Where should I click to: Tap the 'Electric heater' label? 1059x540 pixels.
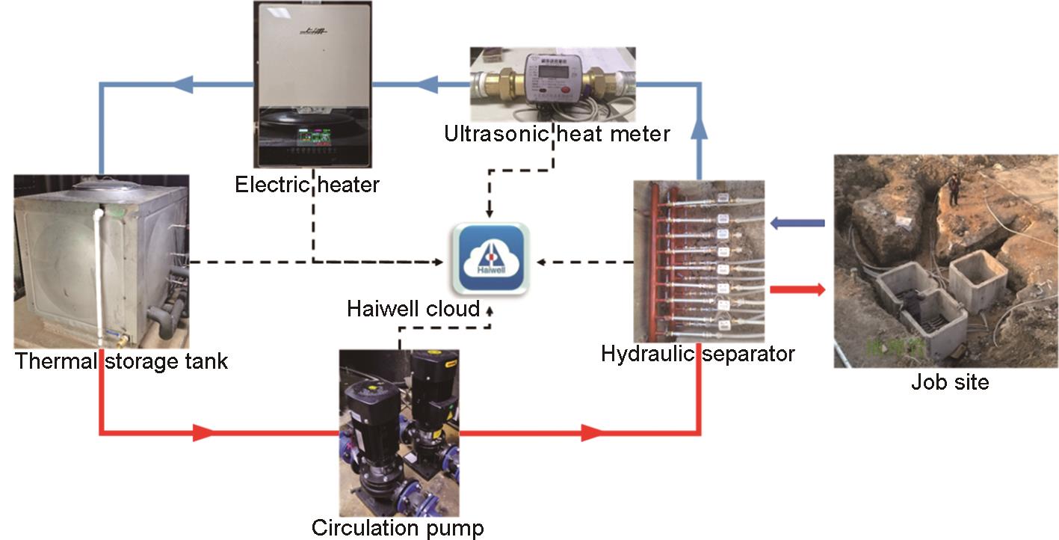click(x=307, y=184)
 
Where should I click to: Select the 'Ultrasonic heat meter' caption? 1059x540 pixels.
click(x=557, y=135)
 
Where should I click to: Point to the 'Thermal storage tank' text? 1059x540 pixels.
click(x=121, y=362)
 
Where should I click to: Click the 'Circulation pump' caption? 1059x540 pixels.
click(x=398, y=528)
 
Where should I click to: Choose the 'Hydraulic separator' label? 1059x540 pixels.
click(x=697, y=353)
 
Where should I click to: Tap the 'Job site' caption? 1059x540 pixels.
click(x=949, y=382)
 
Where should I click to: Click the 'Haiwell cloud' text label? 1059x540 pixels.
click(x=413, y=308)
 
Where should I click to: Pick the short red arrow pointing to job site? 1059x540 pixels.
click(x=797, y=289)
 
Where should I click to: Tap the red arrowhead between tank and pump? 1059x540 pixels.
click(x=203, y=432)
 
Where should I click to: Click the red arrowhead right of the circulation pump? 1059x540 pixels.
click(x=592, y=432)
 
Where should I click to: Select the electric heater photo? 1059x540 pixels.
click(x=312, y=85)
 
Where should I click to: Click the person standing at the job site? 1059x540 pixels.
click(x=954, y=188)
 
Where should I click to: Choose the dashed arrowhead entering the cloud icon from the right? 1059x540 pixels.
click(x=543, y=262)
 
